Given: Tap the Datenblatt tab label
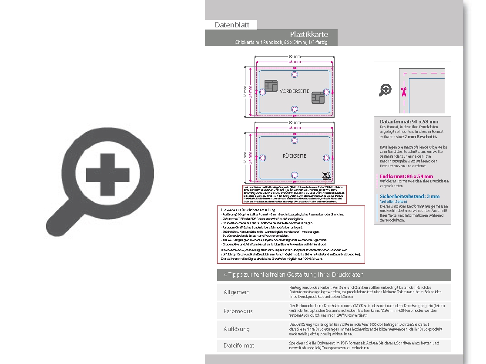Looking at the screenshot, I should click(x=232, y=25).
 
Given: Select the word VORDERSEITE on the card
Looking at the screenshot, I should click(x=294, y=91).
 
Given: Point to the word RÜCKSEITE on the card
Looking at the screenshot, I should click(x=295, y=156).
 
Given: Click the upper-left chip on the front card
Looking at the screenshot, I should click(x=271, y=86).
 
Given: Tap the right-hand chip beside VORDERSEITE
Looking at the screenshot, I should click(x=318, y=98).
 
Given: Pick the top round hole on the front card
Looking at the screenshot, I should click(x=295, y=75).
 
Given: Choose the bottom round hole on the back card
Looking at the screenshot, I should click(x=295, y=175).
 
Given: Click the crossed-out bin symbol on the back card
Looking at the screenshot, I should click(x=326, y=176).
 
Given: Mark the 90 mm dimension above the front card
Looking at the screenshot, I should click(x=295, y=57).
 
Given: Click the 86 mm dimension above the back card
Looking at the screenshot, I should click(x=295, y=128).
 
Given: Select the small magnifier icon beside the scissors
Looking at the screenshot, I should click(x=385, y=90).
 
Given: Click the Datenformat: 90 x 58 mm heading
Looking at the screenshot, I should click(x=409, y=122).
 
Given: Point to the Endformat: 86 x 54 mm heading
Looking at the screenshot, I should click(x=406, y=176).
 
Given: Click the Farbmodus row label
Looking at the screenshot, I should click(x=238, y=311).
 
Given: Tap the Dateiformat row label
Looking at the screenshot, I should click(x=239, y=345).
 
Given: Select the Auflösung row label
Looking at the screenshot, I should click(x=237, y=329).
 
